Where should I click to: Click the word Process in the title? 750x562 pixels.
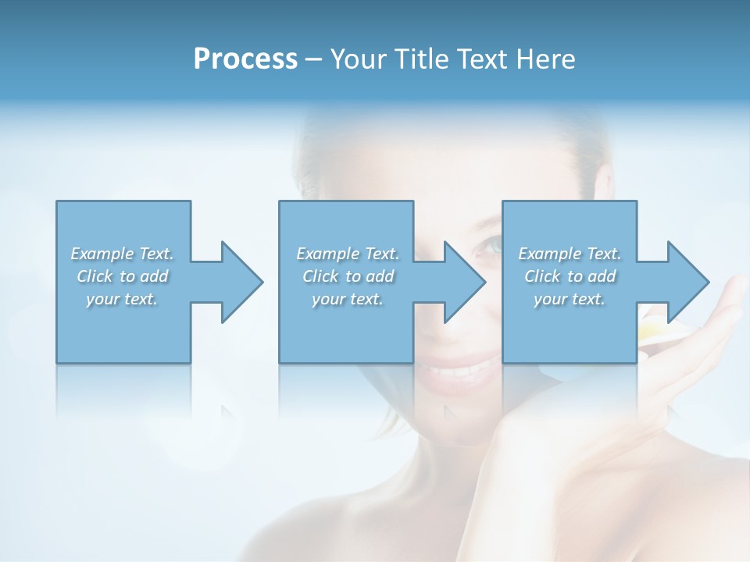(245, 59)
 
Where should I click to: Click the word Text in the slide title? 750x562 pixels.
(481, 59)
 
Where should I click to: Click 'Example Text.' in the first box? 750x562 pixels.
(122, 254)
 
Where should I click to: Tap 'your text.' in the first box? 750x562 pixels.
(122, 299)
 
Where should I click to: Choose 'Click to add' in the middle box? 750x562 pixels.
(348, 276)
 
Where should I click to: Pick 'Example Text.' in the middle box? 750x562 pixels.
(348, 254)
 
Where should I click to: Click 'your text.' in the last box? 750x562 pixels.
(570, 299)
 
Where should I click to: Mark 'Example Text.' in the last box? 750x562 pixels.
(570, 254)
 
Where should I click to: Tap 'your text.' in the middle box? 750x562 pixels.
(348, 299)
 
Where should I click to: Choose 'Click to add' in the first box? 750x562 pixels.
(122, 276)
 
